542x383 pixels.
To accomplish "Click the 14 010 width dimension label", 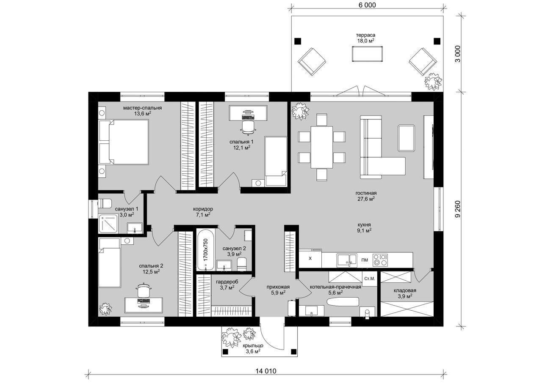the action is tap(266, 371).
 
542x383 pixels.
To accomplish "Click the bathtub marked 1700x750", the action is tap(206, 249).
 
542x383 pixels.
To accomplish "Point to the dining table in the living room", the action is tap(322, 147).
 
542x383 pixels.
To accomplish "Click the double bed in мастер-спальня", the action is tap(124, 142).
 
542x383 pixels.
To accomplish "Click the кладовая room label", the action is tap(405, 290).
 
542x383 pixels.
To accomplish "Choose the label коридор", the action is tap(203, 209).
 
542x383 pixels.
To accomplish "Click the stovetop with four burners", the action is tap(380, 259).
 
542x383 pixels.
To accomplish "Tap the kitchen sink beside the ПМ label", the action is tap(346, 260).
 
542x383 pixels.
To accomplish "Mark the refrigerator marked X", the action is tap(310, 258).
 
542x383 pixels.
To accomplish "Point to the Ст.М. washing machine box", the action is tap(369, 279).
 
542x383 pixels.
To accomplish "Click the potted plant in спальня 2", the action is tap(106, 308).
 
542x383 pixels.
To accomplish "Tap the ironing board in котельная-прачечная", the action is tap(343, 302).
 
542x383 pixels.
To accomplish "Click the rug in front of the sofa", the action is tap(406, 138).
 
